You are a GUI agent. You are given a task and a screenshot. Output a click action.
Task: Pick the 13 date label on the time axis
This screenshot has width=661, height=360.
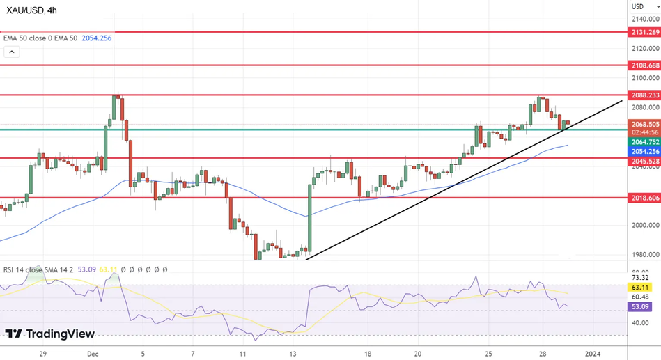point(292,353)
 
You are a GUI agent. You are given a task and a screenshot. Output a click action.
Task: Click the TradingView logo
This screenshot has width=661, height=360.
point(50,334)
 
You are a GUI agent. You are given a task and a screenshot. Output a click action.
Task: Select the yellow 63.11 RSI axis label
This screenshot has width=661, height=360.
point(640,286)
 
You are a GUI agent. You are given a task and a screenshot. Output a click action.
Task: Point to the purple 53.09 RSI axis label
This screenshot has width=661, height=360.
point(640,306)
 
